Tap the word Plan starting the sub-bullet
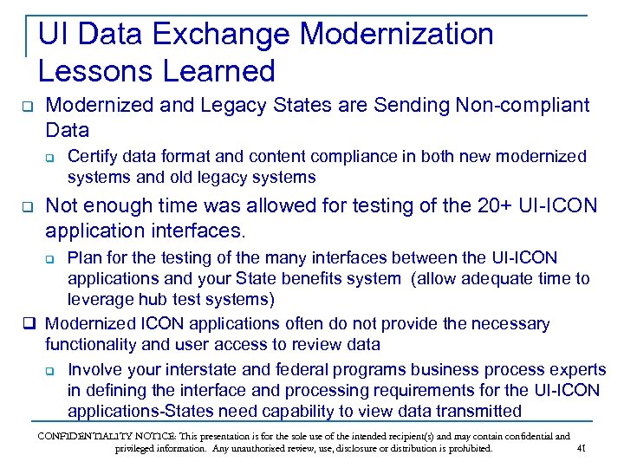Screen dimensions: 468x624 [x=85, y=258]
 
